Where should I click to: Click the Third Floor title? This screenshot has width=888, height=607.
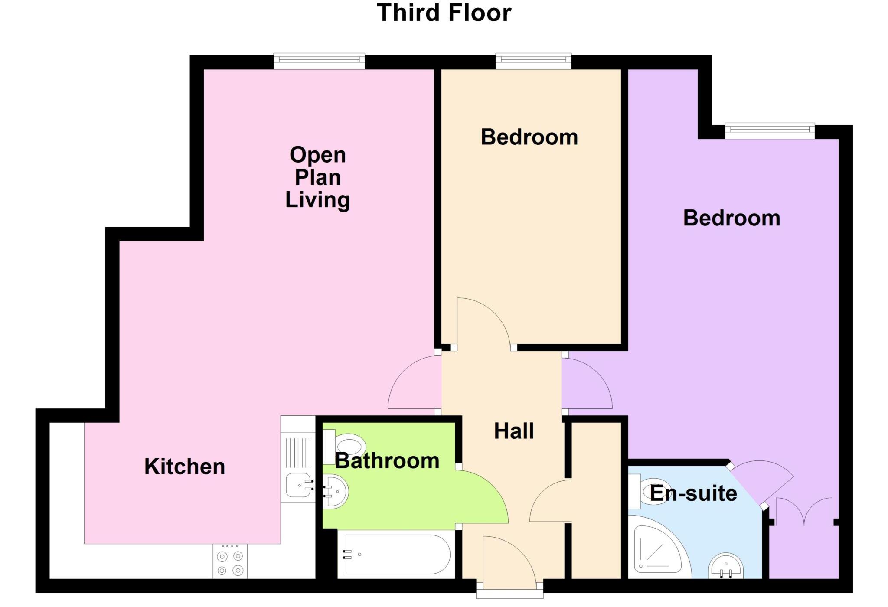click(x=444, y=13)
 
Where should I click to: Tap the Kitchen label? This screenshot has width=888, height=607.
click(x=185, y=467)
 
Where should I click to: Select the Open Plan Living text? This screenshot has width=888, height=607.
click(x=317, y=177)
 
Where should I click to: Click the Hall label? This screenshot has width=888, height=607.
click(x=514, y=431)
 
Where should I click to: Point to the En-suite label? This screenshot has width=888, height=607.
click(x=693, y=493)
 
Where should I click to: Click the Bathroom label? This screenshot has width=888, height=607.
click(x=387, y=460)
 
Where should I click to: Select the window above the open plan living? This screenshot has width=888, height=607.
click(x=319, y=61)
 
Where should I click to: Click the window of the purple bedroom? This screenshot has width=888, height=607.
click(x=770, y=131)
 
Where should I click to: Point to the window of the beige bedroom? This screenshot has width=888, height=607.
click(x=533, y=61)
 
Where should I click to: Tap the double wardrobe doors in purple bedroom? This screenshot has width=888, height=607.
click(x=804, y=512)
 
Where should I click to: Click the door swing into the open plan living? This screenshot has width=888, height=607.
click(x=414, y=384)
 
